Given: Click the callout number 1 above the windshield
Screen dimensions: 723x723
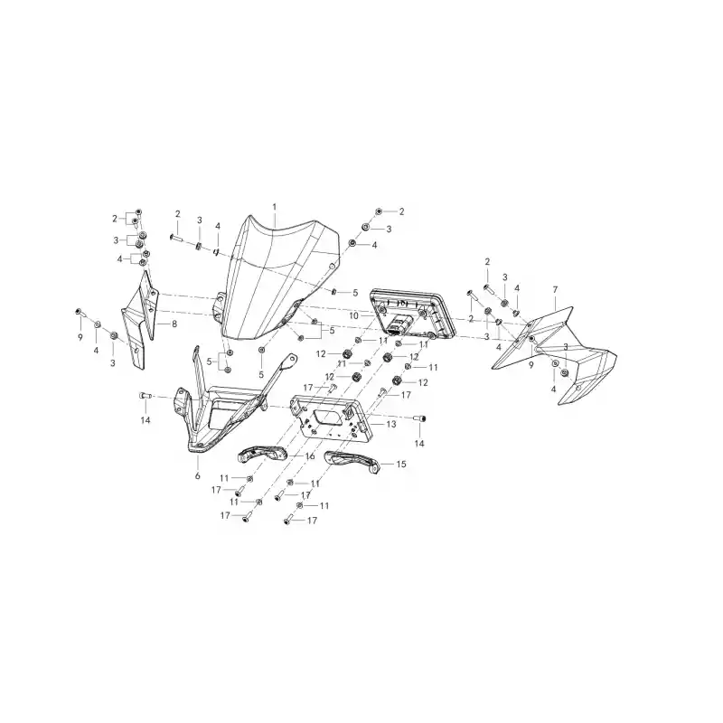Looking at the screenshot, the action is [275, 207].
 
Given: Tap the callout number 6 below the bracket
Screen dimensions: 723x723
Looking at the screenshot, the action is [198, 475].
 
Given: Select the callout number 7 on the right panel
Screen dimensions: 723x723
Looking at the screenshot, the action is [555, 289].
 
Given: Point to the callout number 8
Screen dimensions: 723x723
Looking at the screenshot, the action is [174, 324].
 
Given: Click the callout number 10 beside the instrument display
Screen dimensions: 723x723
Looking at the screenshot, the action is [353, 315].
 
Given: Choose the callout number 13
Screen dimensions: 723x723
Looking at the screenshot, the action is [391, 424].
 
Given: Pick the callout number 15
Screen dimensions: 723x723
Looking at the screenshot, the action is [401, 464].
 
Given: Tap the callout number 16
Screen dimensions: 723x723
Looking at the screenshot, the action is [310, 456].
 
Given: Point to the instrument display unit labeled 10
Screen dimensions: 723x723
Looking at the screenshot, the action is [413, 313].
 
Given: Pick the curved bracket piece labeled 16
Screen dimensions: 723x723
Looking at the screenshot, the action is [262, 455].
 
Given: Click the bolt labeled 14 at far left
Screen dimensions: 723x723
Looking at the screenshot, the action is [145, 396].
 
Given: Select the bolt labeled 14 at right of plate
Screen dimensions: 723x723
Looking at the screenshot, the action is [419, 418].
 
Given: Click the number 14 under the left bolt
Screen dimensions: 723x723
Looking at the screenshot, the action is [146, 420].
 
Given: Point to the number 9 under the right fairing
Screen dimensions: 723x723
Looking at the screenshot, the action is [531, 365].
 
